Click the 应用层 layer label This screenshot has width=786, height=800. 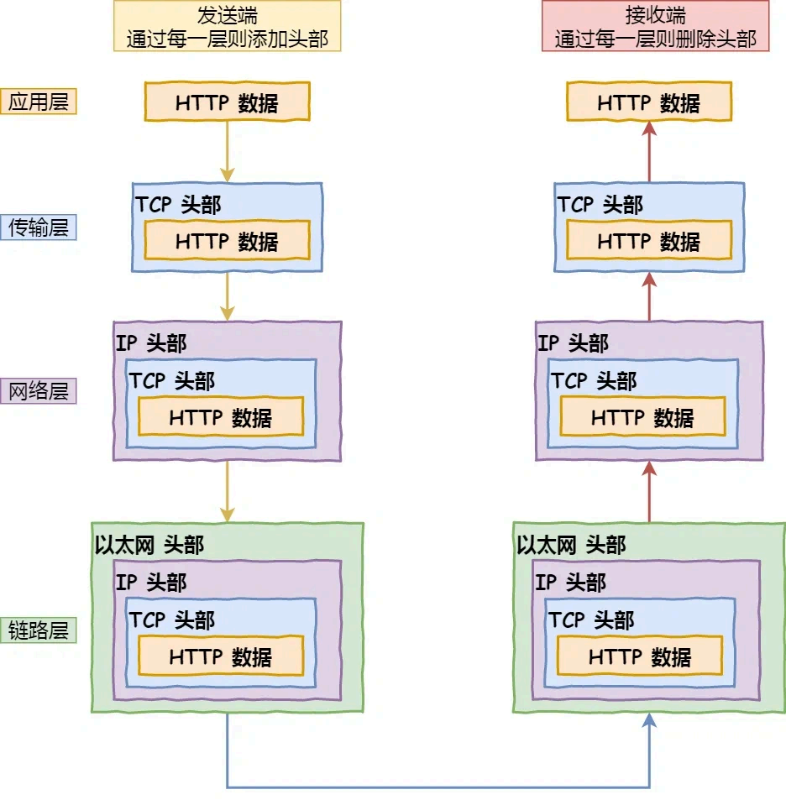(39, 102)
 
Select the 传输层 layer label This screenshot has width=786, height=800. (39, 227)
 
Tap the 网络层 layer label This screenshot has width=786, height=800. (39, 391)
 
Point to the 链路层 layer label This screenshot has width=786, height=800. (39, 630)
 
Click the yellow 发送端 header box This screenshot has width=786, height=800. (227, 26)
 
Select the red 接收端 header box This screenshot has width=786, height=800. (655, 26)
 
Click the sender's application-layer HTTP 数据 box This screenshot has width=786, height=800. (227, 102)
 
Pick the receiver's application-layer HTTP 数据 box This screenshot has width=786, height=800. (648, 102)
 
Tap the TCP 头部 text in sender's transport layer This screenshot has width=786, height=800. (179, 205)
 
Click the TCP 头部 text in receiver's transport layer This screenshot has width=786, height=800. (600, 205)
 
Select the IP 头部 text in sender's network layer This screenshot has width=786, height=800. (151, 342)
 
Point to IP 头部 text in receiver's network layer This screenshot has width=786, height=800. (573, 342)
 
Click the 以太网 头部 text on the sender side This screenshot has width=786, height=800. (149, 545)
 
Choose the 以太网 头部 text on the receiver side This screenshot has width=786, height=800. (571, 545)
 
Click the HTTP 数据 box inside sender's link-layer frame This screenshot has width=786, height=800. (221, 656)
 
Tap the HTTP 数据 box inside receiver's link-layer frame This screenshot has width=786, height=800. (640, 656)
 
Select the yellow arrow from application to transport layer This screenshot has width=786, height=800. (227, 151)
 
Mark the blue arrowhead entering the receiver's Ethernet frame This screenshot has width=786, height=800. (649, 721)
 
